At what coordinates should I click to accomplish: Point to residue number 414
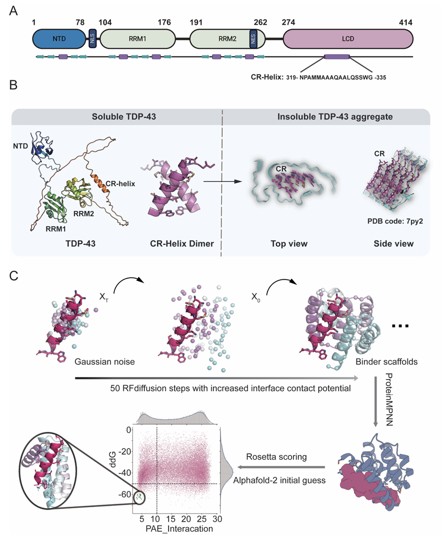[405, 22]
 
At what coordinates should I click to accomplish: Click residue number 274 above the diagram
[290, 22]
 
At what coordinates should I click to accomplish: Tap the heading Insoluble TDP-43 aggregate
[326, 118]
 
